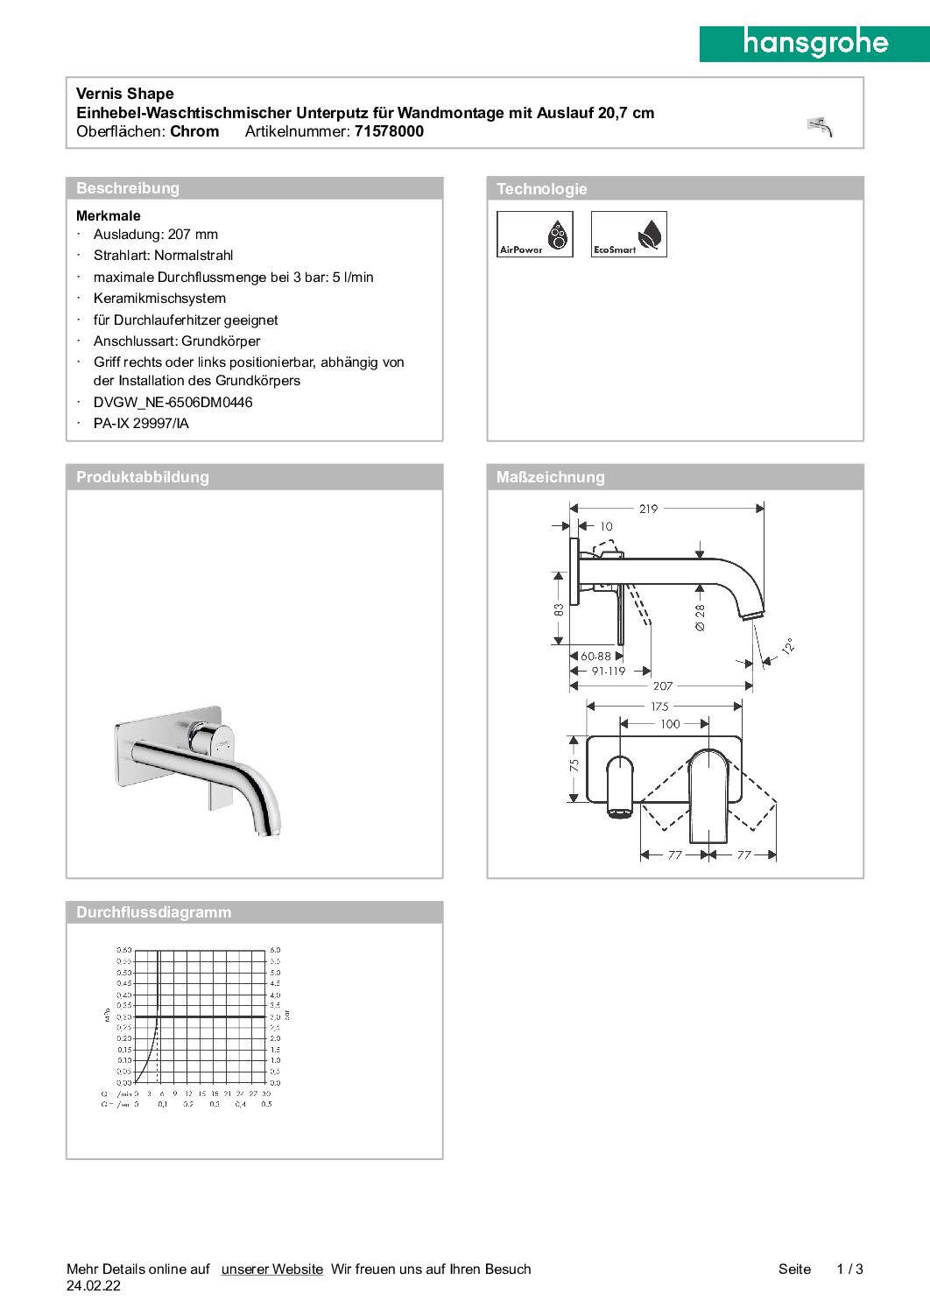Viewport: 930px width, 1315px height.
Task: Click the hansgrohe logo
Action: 814,43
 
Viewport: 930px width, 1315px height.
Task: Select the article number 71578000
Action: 389,131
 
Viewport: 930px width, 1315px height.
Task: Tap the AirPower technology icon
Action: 535,234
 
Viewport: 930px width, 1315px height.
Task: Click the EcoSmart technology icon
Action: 629,234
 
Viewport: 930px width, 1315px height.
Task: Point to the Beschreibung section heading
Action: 128,188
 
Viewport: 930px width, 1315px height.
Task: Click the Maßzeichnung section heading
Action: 551,477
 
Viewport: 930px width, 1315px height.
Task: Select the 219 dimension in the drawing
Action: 648,509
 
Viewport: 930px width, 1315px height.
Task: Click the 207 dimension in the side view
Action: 663,686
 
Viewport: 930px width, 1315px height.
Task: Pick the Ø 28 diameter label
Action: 700,617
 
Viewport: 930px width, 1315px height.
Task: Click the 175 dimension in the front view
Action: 659,707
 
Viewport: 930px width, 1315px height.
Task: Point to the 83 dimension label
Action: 559,609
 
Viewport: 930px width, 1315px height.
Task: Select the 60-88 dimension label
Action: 595,656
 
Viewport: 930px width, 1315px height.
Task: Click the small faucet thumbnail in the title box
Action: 820,127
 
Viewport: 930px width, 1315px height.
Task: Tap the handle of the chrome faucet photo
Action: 212,738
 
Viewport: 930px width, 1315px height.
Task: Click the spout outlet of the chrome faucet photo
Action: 266,829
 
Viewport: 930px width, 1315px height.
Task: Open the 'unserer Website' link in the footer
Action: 271,1269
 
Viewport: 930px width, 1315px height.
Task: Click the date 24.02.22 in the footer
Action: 94,1286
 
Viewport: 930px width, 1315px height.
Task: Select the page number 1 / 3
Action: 849,1269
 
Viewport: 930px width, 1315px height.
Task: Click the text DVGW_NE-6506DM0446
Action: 173,403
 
